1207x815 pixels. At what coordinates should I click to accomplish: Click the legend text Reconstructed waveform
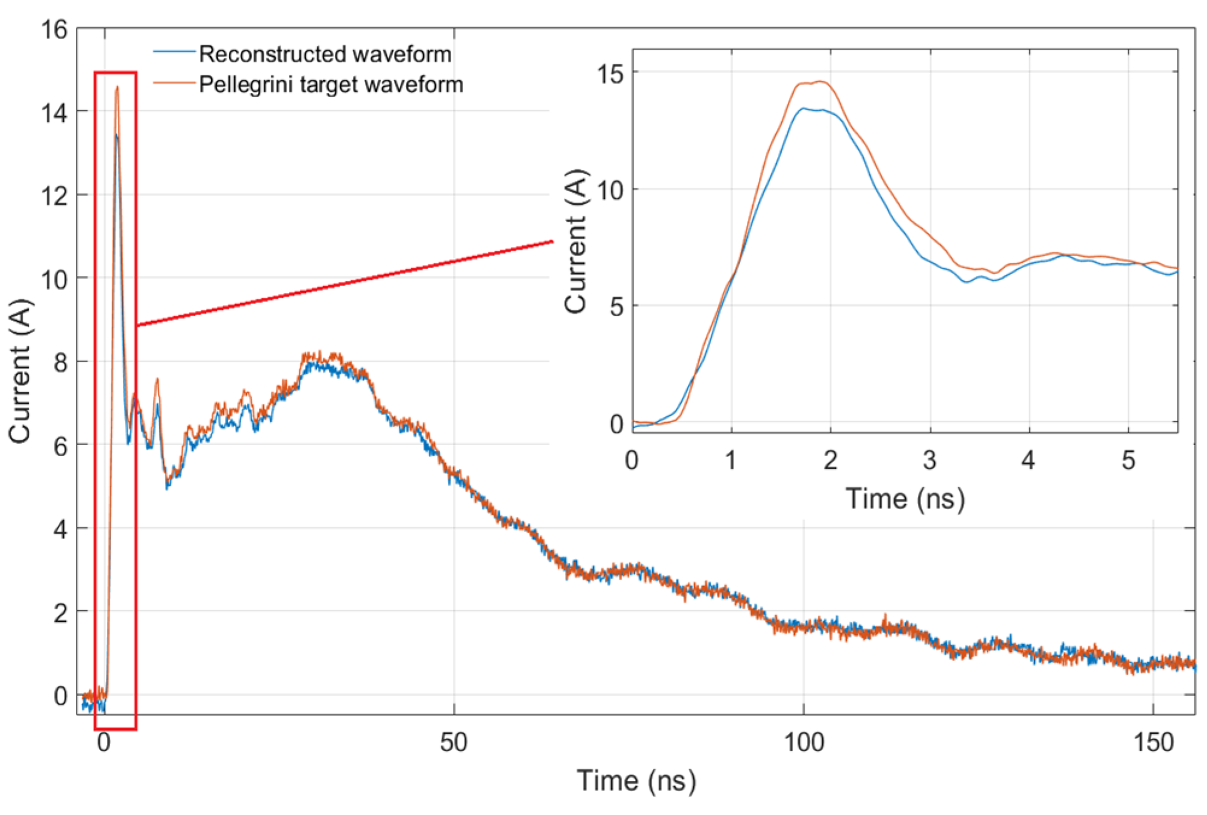pyautogui.click(x=325, y=54)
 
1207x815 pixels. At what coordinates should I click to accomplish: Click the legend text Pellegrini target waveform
pyautogui.click(x=331, y=84)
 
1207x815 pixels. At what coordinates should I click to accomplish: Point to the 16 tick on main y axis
pyautogui.click(x=54, y=29)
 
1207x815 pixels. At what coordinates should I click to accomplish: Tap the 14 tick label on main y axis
pyautogui.click(x=54, y=112)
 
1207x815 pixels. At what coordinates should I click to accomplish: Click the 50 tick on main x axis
pyautogui.click(x=453, y=742)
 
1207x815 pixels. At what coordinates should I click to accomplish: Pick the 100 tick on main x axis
pyautogui.click(x=803, y=742)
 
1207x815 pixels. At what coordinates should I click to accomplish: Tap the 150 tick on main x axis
pyautogui.click(x=1153, y=742)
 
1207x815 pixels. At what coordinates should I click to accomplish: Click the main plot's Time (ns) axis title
pyautogui.click(x=636, y=781)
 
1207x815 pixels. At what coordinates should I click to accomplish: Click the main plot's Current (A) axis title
pyautogui.click(x=19, y=371)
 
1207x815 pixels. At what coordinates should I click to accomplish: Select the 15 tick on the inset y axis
pyautogui.click(x=610, y=73)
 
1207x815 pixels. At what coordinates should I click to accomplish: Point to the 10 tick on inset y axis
pyautogui.click(x=610, y=190)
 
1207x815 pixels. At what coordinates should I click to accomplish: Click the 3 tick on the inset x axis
pyautogui.click(x=929, y=460)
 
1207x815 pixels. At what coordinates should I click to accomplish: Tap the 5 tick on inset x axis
pyautogui.click(x=1128, y=460)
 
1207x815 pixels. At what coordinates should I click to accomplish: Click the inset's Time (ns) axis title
pyautogui.click(x=905, y=499)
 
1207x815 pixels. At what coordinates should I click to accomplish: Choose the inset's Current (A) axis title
pyautogui.click(x=576, y=241)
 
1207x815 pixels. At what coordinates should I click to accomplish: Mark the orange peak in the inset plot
pyautogui.click(x=820, y=81)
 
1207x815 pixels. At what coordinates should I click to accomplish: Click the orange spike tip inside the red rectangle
pyautogui.click(x=117, y=87)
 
